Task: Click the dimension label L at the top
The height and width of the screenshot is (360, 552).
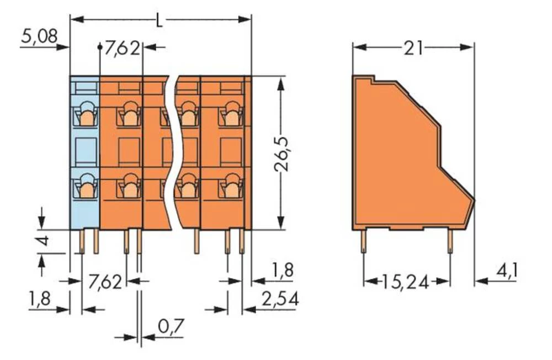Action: (x=160, y=22)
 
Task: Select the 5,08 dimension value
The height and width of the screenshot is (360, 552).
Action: (x=39, y=37)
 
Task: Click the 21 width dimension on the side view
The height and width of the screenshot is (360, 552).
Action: (x=413, y=49)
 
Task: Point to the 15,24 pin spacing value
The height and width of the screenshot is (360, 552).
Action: (x=405, y=282)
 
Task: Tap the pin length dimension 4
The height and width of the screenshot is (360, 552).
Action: (x=46, y=241)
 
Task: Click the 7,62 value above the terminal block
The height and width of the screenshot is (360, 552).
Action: (x=122, y=49)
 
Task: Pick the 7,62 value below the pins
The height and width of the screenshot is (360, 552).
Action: (x=105, y=283)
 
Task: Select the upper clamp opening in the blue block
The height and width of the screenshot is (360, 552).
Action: (x=86, y=115)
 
